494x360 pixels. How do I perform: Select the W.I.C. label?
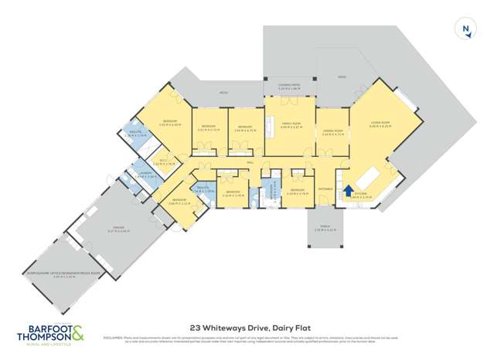tap(163, 160)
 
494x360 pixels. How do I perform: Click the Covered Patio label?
tap(288, 87)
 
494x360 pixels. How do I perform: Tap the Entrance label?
tap(325, 187)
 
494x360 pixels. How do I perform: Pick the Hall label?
tap(250, 163)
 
